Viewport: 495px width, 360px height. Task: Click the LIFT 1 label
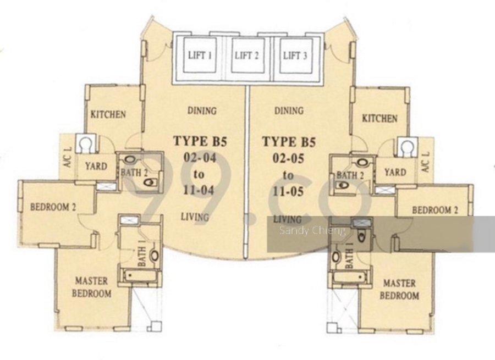click(x=200, y=56)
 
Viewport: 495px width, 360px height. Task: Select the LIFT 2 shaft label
click(x=246, y=56)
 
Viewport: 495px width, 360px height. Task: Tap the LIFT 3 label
click(x=295, y=56)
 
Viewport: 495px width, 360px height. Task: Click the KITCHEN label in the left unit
click(x=108, y=114)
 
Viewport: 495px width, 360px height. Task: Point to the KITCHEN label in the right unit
click(x=380, y=119)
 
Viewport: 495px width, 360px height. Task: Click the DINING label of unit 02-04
click(x=202, y=110)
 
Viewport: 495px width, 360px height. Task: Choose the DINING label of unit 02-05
click(x=289, y=110)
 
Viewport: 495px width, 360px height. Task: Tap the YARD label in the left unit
click(x=96, y=167)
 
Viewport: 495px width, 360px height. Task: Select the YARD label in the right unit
click(x=395, y=172)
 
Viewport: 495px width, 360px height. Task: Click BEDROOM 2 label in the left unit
click(x=53, y=207)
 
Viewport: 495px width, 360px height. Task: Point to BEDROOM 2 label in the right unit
click(x=435, y=210)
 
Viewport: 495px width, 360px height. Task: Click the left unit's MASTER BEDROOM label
click(x=91, y=287)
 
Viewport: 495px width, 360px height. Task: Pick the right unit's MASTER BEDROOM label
click(x=399, y=289)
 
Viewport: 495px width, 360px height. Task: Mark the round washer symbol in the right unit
click(x=407, y=146)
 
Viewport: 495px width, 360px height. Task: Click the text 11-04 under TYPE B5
click(x=199, y=190)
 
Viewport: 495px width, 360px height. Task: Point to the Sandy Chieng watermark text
click(x=312, y=231)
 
